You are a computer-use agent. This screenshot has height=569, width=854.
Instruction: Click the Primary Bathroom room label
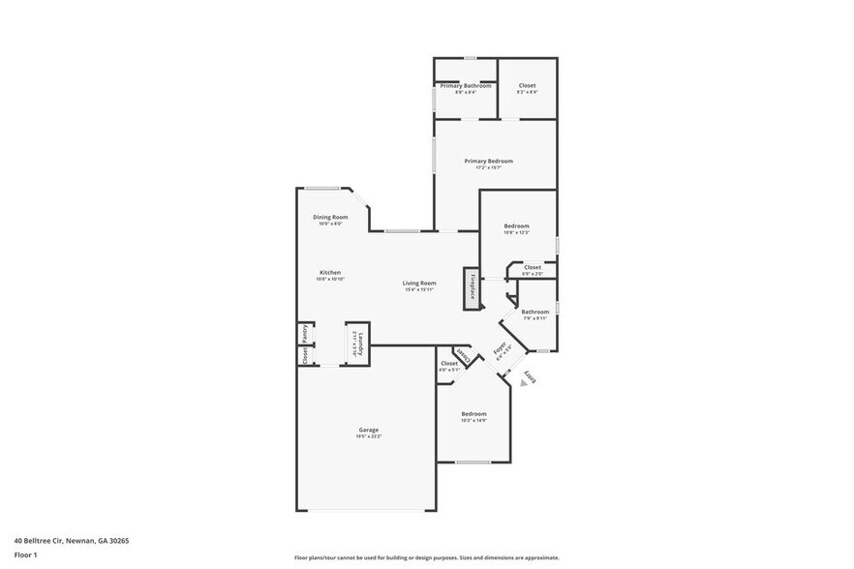[x=466, y=86]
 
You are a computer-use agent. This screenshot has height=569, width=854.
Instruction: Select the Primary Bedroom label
[x=488, y=161]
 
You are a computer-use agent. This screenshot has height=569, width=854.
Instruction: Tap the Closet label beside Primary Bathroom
[x=527, y=86]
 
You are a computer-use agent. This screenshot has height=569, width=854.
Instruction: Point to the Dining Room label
[x=330, y=217]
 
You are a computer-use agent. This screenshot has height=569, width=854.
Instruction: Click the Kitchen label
[x=330, y=273]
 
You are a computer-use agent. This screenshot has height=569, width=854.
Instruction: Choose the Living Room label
[x=418, y=283]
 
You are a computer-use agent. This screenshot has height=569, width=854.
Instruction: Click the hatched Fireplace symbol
[x=472, y=288]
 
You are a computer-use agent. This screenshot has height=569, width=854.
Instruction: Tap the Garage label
[x=368, y=430]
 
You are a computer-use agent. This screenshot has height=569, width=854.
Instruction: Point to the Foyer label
[x=501, y=350]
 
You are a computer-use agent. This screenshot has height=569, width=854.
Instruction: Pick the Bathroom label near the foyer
[x=534, y=312]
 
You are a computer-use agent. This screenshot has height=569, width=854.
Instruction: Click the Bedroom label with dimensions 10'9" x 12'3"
[x=516, y=226]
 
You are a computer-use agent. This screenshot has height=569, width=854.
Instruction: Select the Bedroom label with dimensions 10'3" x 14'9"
[x=473, y=414]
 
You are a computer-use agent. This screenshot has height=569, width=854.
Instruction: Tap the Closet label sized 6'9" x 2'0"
[x=533, y=267]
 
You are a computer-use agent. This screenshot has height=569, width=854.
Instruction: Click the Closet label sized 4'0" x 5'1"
[x=448, y=364]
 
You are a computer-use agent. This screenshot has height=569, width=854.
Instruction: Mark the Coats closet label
[x=464, y=356]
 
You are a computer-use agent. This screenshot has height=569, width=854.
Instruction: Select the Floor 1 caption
[x=25, y=554]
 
